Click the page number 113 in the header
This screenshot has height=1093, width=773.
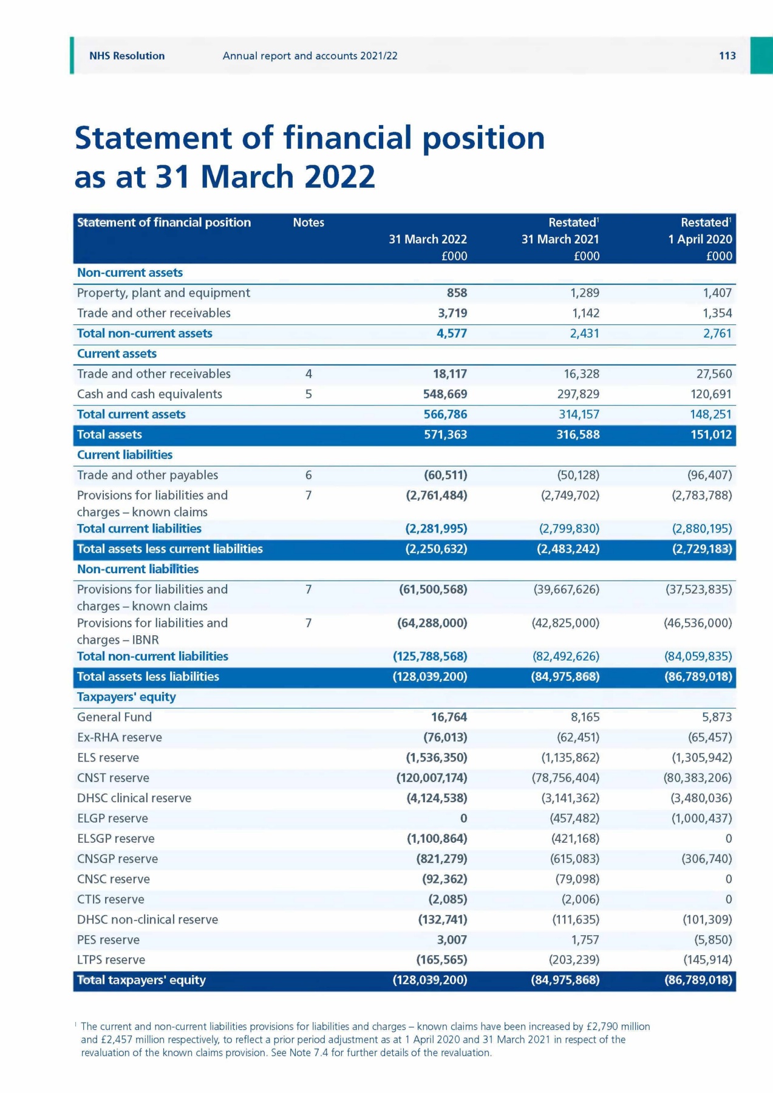click(727, 56)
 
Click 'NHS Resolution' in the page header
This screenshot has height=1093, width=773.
click(127, 56)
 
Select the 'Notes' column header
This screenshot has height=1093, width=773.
click(308, 223)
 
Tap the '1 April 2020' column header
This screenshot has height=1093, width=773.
click(700, 239)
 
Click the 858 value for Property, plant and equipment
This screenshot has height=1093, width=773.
click(457, 293)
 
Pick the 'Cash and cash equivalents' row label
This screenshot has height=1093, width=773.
click(149, 394)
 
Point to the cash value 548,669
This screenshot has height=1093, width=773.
click(445, 394)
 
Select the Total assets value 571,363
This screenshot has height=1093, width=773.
click(445, 435)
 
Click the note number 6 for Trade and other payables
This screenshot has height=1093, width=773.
click(308, 475)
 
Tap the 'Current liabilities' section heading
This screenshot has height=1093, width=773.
click(124, 455)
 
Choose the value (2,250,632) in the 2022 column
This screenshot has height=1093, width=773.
click(436, 549)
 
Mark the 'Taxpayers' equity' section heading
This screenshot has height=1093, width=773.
click(126, 697)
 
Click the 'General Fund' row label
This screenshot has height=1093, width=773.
click(114, 717)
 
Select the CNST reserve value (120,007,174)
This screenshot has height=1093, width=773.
click(432, 778)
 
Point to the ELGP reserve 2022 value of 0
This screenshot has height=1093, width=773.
click(463, 819)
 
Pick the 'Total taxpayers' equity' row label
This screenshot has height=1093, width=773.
click(141, 980)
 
